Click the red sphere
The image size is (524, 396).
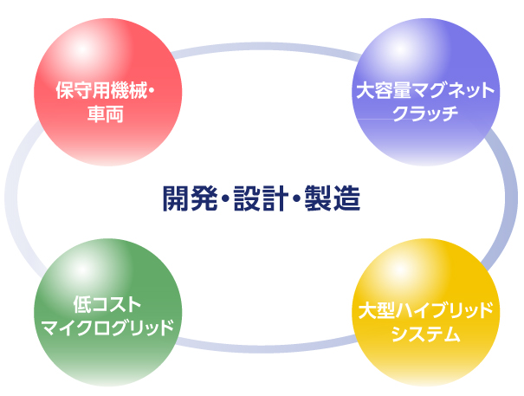point(108,92)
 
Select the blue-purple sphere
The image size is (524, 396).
point(426,92)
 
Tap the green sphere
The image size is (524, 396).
point(108,313)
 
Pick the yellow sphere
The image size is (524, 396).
point(426,313)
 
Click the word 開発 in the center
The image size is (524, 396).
point(191,198)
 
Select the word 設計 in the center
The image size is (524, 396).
point(261,198)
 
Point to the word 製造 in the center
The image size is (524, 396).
point(333,198)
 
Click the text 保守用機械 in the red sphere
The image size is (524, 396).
point(101,90)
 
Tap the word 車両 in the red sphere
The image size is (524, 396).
point(106,114)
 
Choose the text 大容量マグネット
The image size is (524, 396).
point(425,91)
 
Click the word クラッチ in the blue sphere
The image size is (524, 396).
point(425,114)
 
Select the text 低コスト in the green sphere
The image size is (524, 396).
point(107,304)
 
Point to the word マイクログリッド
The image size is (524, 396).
point(107,328)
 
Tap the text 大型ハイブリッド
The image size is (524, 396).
point(425,310)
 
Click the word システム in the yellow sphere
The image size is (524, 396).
point(426,334)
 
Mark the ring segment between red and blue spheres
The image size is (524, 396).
point(266,46)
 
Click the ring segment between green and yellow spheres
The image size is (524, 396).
point(266,348)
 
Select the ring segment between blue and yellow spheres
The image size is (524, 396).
point(511,199)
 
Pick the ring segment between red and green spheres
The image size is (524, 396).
point(11,198)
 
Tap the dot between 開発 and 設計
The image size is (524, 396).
point(226,198)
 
